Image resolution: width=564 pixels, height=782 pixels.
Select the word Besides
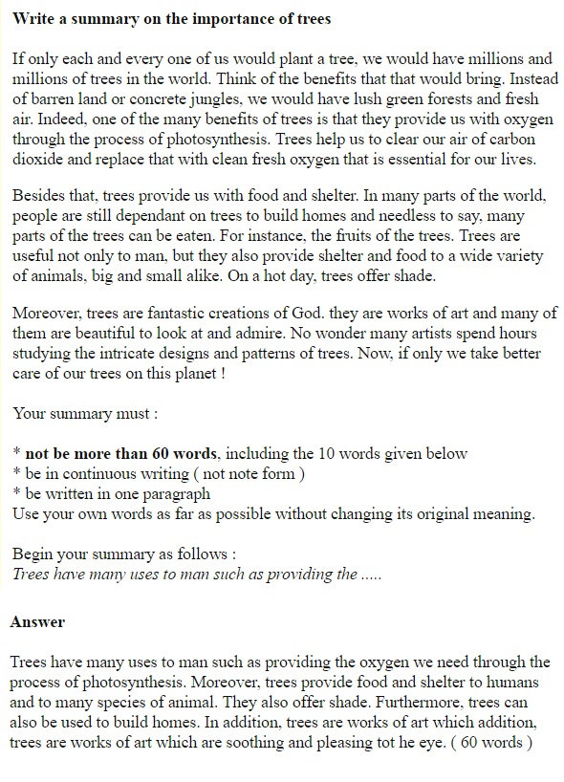(x=39, y=196)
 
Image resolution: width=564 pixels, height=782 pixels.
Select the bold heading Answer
(x=37, y=622)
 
